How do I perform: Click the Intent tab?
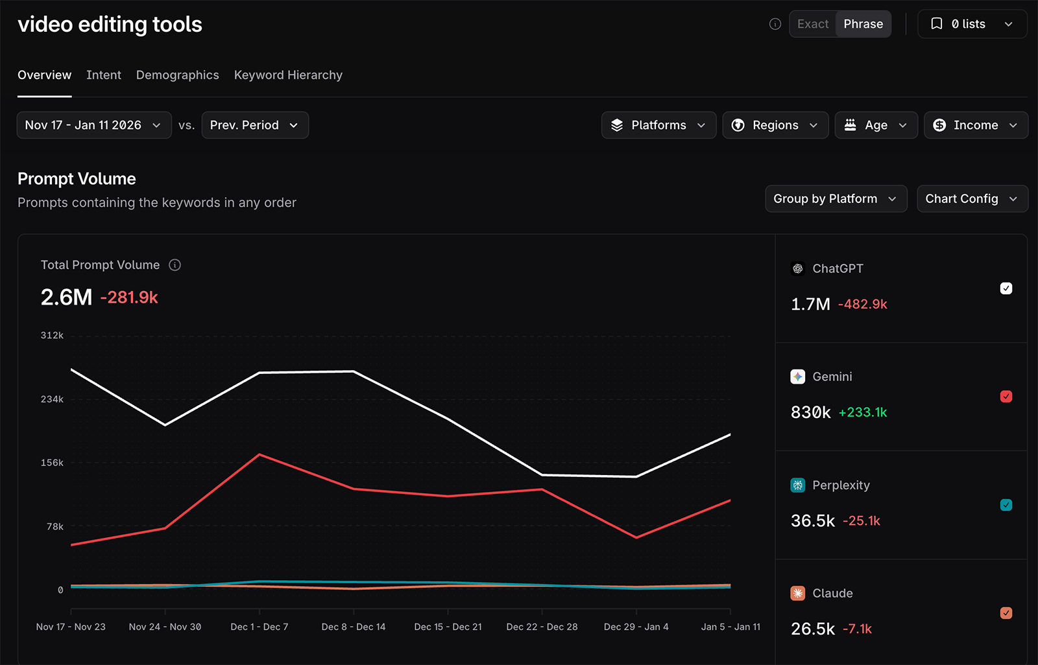tap(104, 75)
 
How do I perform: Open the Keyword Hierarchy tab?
tap(288, 75)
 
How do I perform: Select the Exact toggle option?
tap(813, 24)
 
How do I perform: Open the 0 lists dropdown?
tap(972, 24)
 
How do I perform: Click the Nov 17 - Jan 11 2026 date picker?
tap(93, 125)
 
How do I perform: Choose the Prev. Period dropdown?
tap(254, 125)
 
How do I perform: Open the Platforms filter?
tap(658, 125)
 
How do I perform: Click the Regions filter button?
tap(775, 125)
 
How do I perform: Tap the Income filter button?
tap(975, 125)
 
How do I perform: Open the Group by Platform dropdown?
tap(835, 199)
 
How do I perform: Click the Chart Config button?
tap(971, 199)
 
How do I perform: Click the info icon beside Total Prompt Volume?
tap(175, 265)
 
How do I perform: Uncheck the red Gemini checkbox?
tap(1006, 397)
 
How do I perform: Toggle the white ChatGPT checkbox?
tap(1006, 288)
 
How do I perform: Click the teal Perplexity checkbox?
tap(1006, 505)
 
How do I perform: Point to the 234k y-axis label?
tap(52, 399)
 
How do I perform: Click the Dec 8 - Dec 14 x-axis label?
tap(354, 627)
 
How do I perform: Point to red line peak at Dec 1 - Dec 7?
tap(259, 454)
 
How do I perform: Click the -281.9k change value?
tap(129, 297)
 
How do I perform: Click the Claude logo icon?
tap(798, 593)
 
